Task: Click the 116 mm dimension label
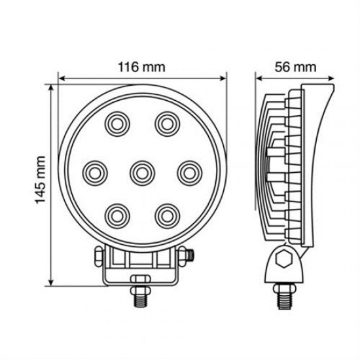coord(141,67)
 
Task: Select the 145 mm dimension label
coord(41,182)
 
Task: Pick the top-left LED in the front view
coord(118,122)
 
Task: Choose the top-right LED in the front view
coord(166,122)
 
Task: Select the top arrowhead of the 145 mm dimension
coord(52,88)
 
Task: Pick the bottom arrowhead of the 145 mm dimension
coord(52,283)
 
